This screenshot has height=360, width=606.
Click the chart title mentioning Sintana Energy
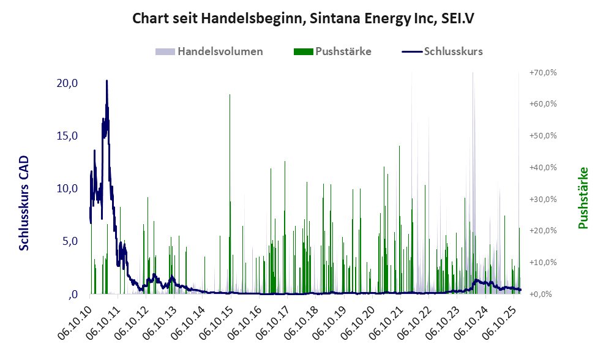pos(303,19)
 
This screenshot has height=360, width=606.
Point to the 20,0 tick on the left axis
pos(67,83)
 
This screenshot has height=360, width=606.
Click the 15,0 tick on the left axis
pos(67,136)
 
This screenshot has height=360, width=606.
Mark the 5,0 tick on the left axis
pos(69,241)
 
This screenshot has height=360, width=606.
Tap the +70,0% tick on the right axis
pos(542,72)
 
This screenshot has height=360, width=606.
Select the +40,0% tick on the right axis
pos(542,167)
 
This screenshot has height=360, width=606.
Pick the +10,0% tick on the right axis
pos(542,262)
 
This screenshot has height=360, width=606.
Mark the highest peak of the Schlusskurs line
pos(107,81)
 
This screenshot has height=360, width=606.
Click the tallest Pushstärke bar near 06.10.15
pos(230,96)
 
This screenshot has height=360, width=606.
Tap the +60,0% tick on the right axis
pos(542,104)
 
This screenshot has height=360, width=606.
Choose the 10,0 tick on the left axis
pos(67,189)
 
